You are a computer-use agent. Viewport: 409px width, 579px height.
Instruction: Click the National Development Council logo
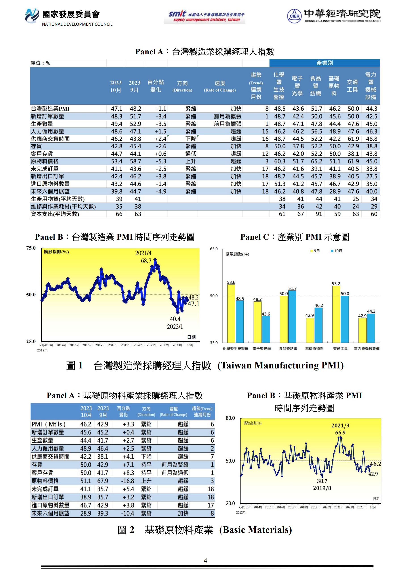tap(32, 15)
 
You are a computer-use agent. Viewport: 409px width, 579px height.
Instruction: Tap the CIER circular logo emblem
tap(294, 16)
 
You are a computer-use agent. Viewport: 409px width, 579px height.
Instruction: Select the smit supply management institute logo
tap(204, 17)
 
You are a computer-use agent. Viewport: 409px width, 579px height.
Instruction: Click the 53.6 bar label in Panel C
tap(231, 282)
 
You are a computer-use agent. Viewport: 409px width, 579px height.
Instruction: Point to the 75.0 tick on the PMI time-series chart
tap(31, 248)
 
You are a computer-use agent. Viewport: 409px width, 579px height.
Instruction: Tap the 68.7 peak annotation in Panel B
tap(146, 261)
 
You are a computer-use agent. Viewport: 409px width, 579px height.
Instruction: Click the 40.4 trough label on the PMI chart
tap(175, 319)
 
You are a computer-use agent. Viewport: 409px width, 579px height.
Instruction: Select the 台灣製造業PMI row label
tap(50, 109)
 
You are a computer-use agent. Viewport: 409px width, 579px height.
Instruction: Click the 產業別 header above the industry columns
tap(325, 63)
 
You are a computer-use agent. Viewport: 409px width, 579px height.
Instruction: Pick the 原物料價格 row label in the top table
tap(45, 161)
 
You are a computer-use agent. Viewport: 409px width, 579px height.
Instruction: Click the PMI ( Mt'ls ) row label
tap(48, 424)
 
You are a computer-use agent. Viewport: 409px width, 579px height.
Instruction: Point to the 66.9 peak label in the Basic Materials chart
tap(340, 433)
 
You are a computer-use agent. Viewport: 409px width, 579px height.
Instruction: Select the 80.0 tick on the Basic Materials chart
tap(230, 418)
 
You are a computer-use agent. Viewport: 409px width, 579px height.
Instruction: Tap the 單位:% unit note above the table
tap(40, 63)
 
